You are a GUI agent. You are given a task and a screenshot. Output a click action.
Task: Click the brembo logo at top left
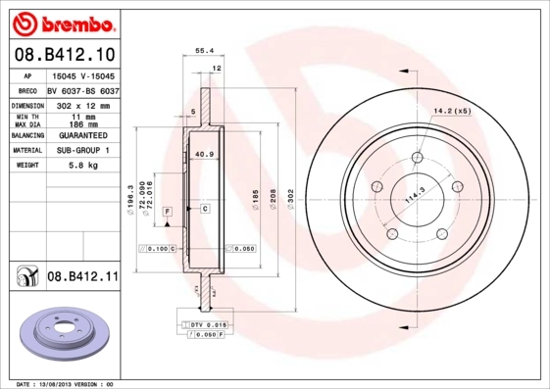(x=62, y=21)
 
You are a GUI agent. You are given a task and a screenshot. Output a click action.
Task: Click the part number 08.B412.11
(x=83, y=278)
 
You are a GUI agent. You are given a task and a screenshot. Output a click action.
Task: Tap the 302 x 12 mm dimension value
(x=83, y=104)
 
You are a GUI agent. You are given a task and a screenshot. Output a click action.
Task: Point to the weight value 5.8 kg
(x=83, y=166)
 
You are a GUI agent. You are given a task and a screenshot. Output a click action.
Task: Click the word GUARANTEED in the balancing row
(x=83, y=135)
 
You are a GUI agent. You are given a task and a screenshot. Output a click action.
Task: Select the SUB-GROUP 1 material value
(x=83, y=151)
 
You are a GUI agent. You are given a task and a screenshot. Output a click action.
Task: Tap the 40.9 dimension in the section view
(x=204, y=155)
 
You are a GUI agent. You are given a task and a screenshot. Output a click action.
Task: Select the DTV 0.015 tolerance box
(x=208, y=323)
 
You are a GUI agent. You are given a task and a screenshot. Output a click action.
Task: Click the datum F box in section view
(x=167, y=212)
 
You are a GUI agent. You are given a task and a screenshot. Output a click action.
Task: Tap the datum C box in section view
(x=205, y=209)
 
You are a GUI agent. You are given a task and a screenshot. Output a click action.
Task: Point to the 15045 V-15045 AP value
(x=83, y=75)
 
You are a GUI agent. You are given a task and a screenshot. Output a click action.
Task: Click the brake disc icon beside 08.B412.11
(x=25, y=278)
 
